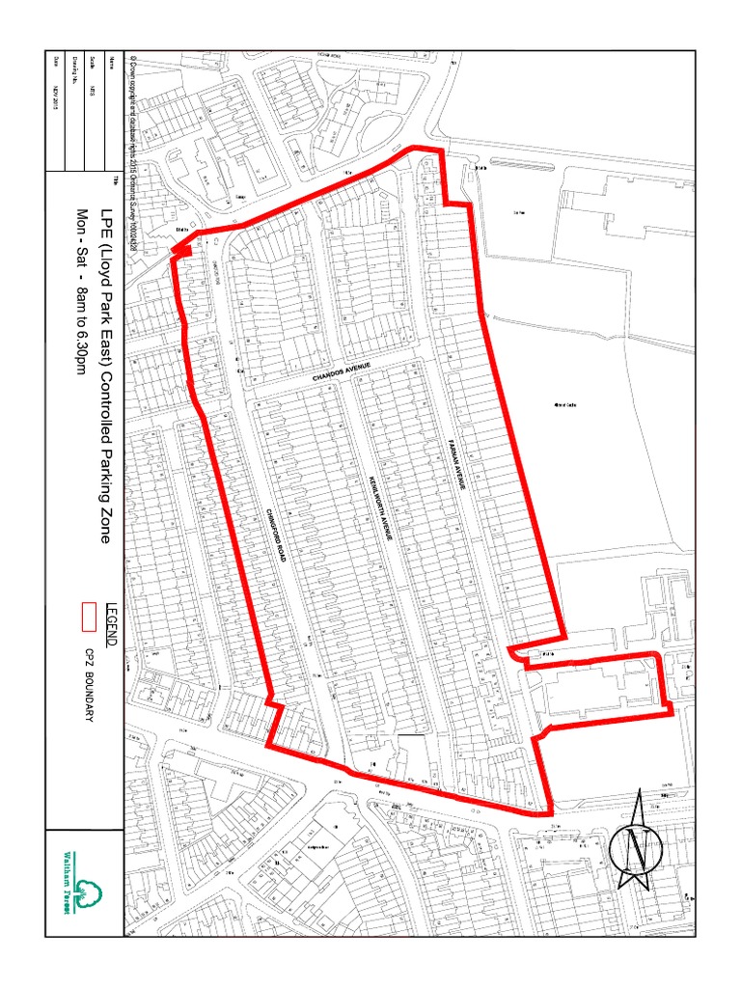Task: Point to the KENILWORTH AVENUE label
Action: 379,511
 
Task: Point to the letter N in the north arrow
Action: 636,849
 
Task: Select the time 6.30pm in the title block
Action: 82,342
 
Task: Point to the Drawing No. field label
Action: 72,68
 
